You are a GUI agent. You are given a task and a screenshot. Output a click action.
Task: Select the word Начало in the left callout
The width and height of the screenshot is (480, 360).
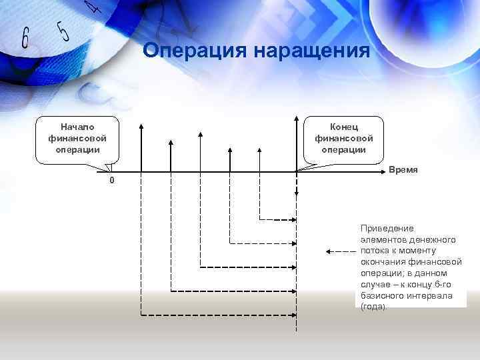pos(77,127)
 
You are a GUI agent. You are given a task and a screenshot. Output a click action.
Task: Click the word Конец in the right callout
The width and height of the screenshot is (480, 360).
pos(344,127)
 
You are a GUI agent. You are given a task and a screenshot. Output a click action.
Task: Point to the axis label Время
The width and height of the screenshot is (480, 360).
pos(403,170)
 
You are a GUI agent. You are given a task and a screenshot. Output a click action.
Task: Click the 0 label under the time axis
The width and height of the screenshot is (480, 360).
pos(112,181)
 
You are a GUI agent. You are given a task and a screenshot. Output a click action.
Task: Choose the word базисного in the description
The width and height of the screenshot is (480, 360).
pos(381,295)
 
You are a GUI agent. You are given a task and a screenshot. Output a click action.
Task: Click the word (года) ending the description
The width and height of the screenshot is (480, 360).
pos(373,307)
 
